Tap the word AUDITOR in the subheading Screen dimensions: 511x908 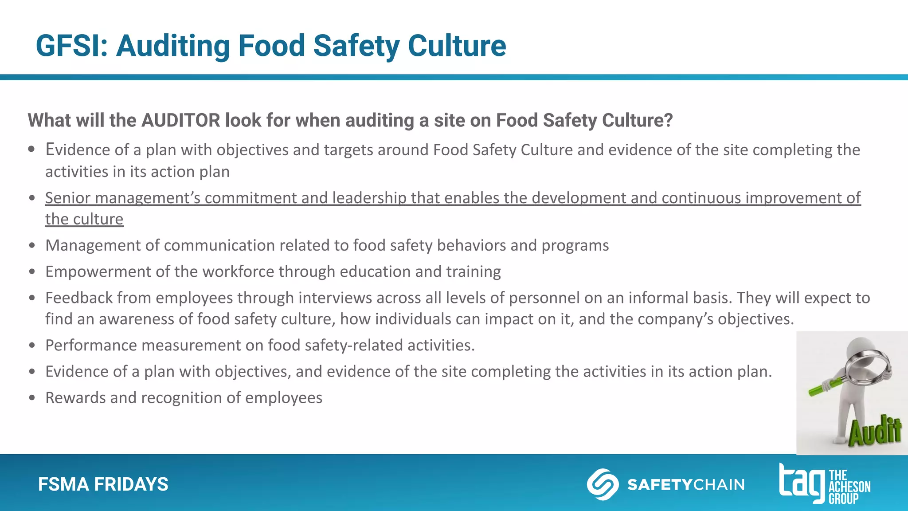click(x=180, y=120)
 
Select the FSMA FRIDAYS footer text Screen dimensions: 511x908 click(x=103, y=484)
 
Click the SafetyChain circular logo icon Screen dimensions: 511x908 click(x=603, y=484)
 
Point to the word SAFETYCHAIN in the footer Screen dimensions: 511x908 click(x=686, y=484)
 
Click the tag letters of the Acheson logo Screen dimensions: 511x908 click(x=802, y=482)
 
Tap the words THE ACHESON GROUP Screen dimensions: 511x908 click(x=849, y=487)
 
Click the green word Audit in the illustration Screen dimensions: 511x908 click(x=875, y=431)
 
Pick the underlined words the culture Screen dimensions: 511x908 click(x=84, y=219)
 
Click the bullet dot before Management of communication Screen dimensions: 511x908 click(x=32, y=245)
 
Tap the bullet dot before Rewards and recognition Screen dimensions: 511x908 click(x=32, y=398)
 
